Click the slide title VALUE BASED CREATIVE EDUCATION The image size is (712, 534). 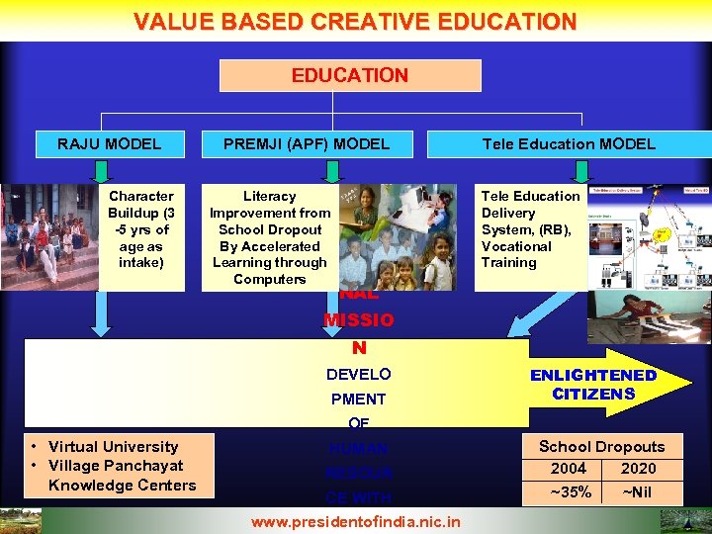click(355, 21)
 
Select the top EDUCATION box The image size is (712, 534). click(350, 75)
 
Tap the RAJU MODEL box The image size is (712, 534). click(109, 143)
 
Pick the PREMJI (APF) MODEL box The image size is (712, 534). click(307, 143)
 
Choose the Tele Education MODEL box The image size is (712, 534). click(569, 143)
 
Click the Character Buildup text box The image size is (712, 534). click(141, 229)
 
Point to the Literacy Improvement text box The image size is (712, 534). click(270, 237)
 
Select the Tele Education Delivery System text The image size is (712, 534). click(530, 229)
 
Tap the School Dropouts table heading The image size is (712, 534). click(601, 447)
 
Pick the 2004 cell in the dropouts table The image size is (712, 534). click(568, 469)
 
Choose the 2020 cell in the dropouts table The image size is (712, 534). click(638, 469)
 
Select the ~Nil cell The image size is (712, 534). click(638, 491)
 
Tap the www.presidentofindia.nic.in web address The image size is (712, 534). click(356, 521)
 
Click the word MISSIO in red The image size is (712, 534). click(358, 320)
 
